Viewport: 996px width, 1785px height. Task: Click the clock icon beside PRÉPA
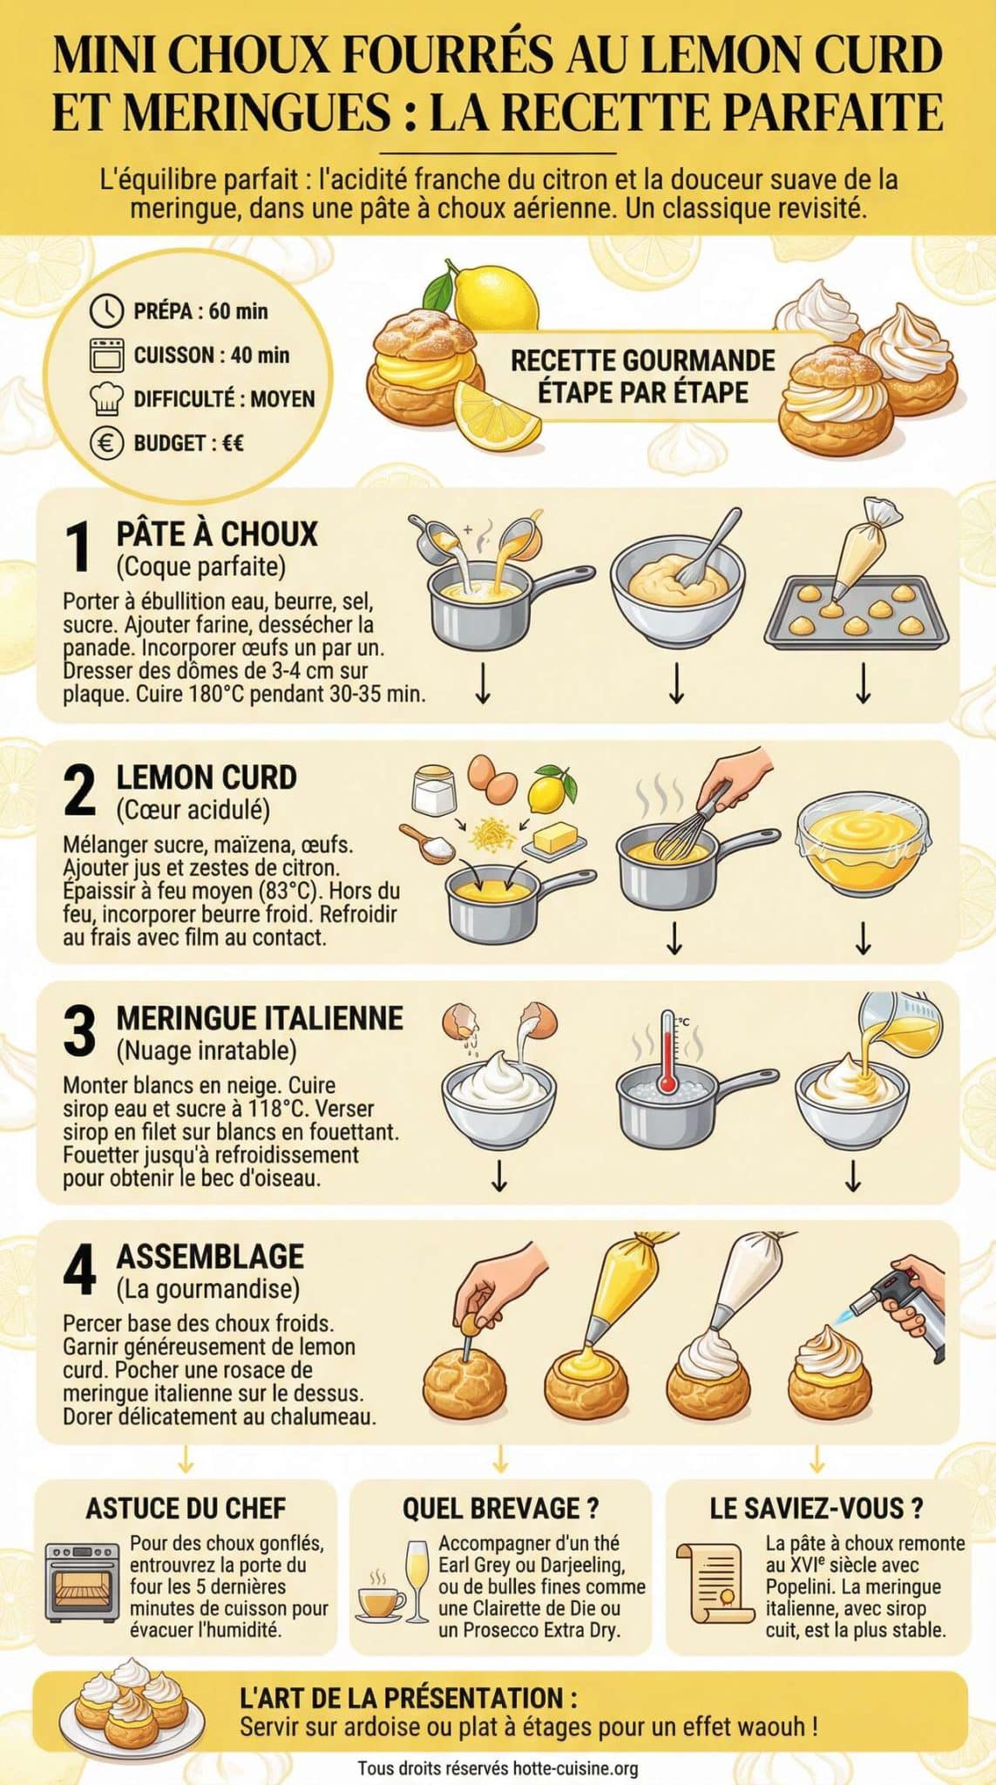(x=107, y=310)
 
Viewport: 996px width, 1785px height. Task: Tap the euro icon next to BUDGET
(x=106, y=444)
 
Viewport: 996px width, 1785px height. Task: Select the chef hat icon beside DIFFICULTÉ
(x=106, y=399)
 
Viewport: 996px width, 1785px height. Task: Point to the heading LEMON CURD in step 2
(x=207, y=777)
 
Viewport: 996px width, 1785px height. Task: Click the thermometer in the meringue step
(x=667, y=1053)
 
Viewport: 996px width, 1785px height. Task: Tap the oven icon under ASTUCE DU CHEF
(x=82, y=1582)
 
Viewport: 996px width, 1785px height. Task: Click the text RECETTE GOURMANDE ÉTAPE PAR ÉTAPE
(x=642, y=376)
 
